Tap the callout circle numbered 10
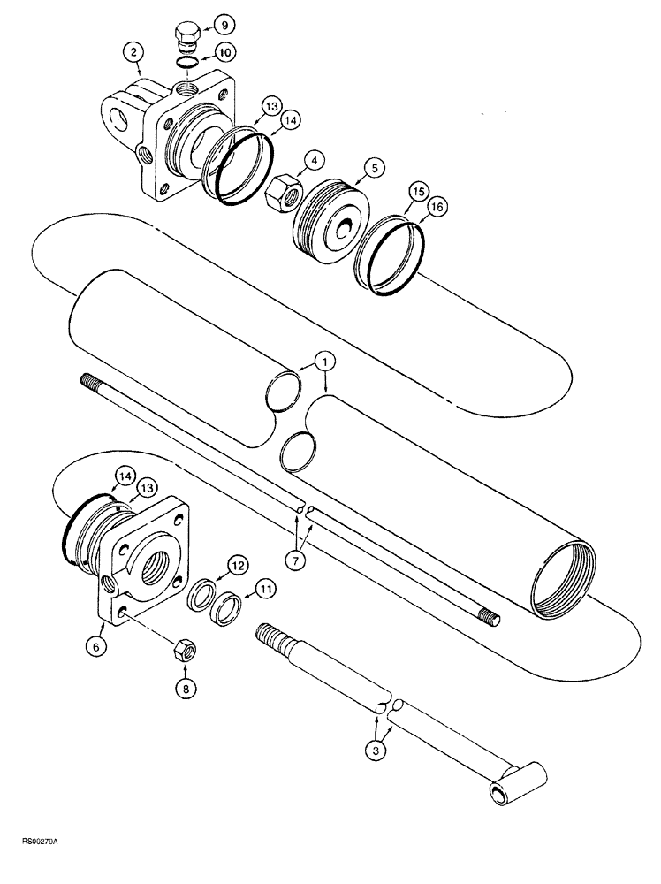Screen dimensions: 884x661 [x=224, y=53]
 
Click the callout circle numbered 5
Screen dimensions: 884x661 [x=374, y=164]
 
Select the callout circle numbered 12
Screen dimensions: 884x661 [x=236, y=563]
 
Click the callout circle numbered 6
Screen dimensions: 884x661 [x=98, y=647]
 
